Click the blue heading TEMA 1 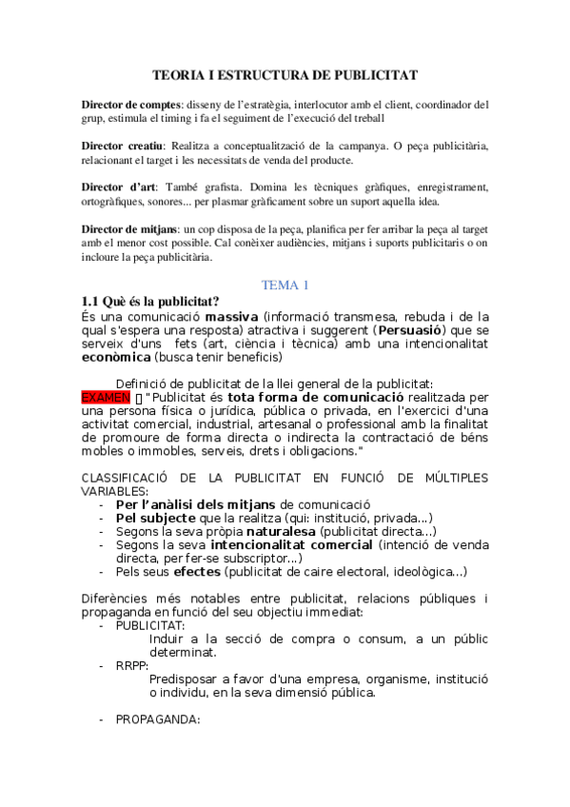285,285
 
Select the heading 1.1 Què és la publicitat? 150,302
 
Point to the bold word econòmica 116,357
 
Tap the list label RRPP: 131,666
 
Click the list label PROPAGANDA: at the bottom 157,719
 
